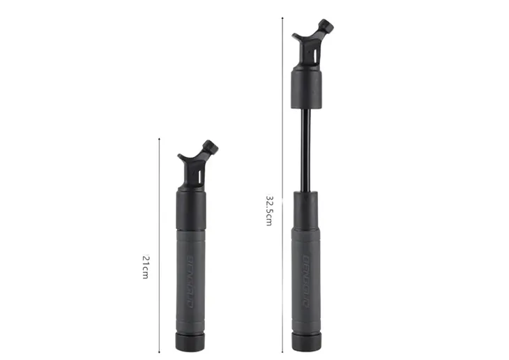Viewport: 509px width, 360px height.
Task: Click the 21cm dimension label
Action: click(146, 267)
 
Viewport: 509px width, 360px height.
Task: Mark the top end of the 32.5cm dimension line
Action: click(282, 19)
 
